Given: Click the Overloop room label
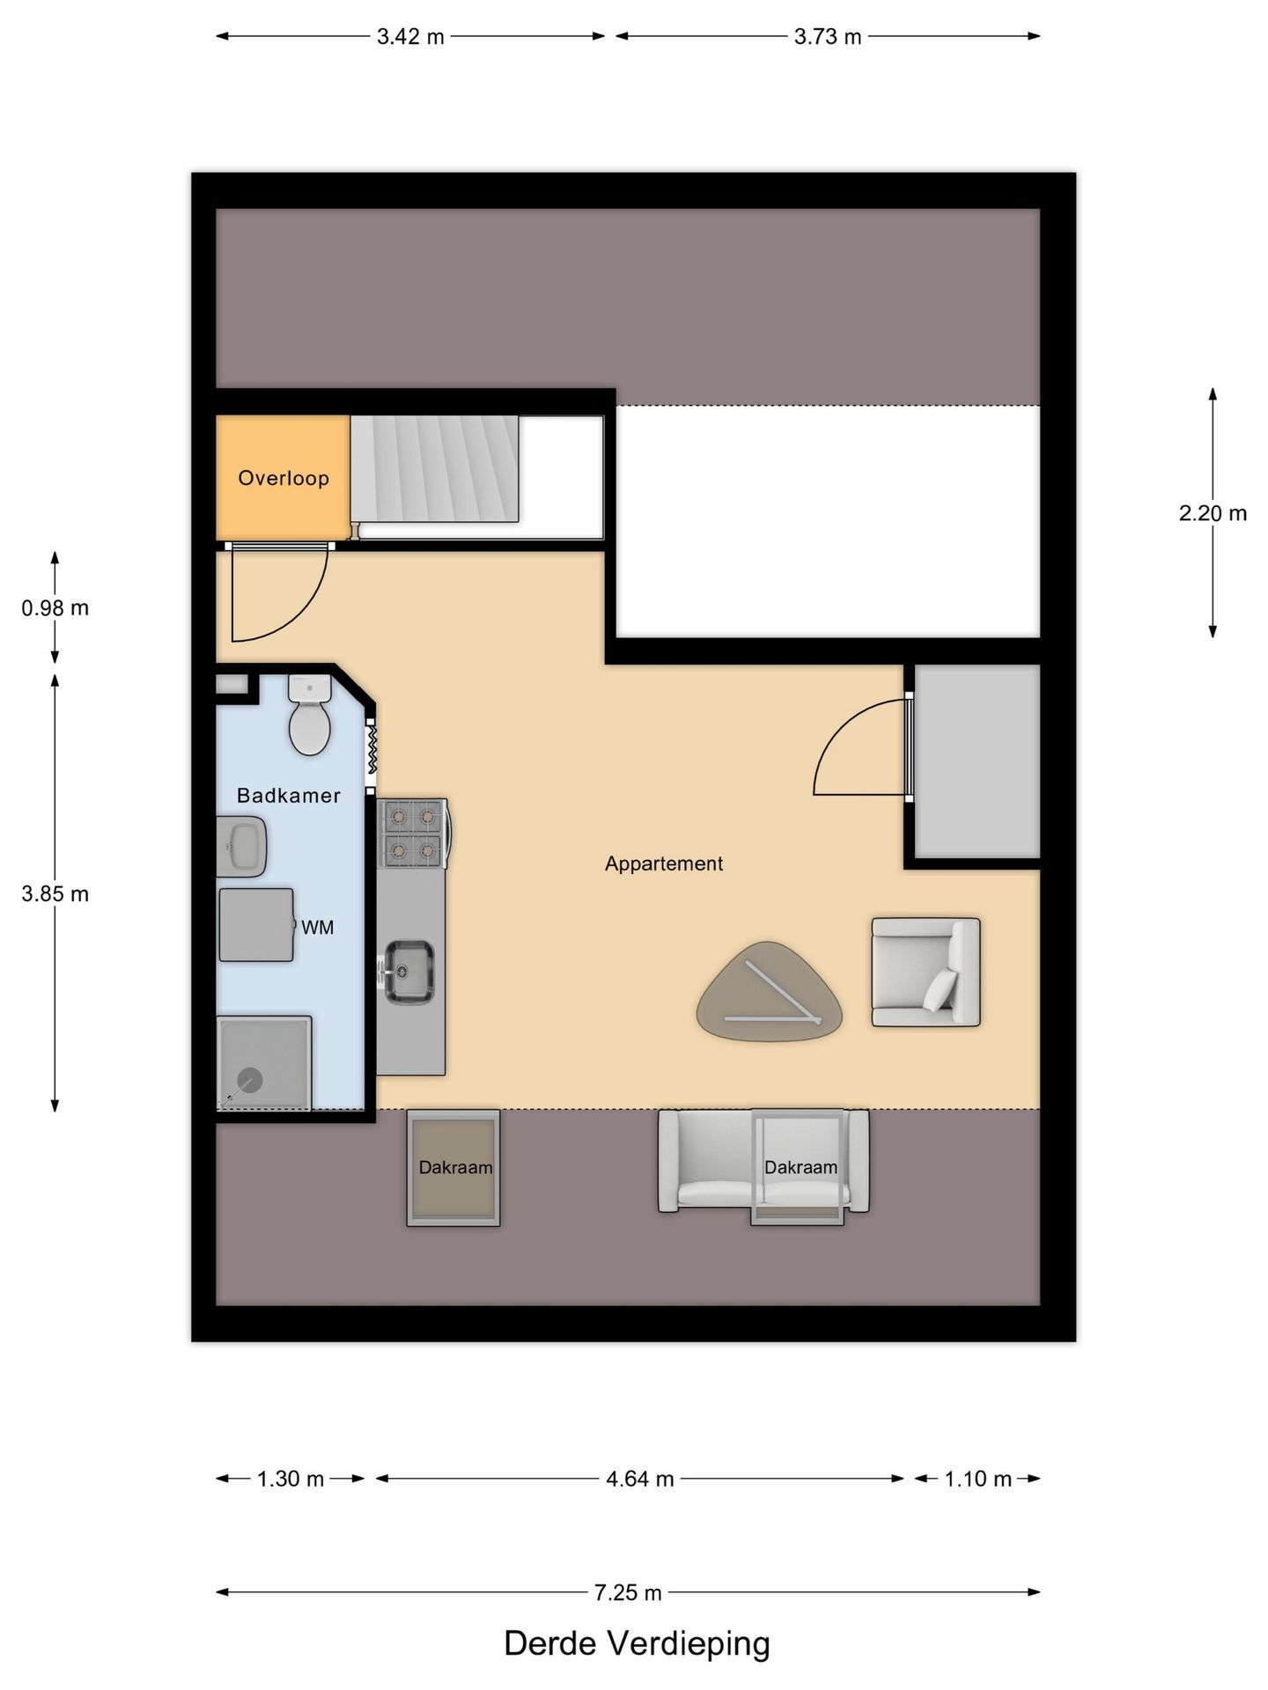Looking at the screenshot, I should pyautogui.click(x=284, y=478).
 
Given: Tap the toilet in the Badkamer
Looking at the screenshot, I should pyautogui.click(x=309, y=716).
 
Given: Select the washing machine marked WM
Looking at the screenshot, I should pyautogui.click(x=256, y=924).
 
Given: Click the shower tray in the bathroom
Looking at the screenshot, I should pyautogui.click(x=263, y=1062).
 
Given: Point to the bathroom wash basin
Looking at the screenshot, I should pyautogui.click(x=241, y=846).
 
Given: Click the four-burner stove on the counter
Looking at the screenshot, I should pyautogui.click(x=412, y=833).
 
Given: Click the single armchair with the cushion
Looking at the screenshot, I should pyautogui.click(x=925, y=972).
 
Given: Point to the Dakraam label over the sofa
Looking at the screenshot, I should pyautogui.click(x=800, y=1167).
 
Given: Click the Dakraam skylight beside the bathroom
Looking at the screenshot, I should pyautogui.click(x=453, y=1167).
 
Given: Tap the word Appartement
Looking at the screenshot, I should pyautogui.click(x=663, y=863).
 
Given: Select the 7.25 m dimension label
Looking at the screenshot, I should pyautogui.click(x=628, y=1592).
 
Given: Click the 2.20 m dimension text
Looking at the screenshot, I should pyautogui.click(x=1213, y=513).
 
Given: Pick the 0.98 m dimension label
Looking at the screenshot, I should pyautogui.click(x=55, y=608).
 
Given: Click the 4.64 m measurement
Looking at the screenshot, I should pyautogui.click(x=640, y=1479).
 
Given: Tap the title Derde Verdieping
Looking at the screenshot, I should pyautogui.click(x=637, y=1643).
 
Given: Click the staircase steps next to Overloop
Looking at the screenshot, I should pyautogui.click(x=434, y=468).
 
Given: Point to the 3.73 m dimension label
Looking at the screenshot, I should pyautogui.click(x=828, y=37).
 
